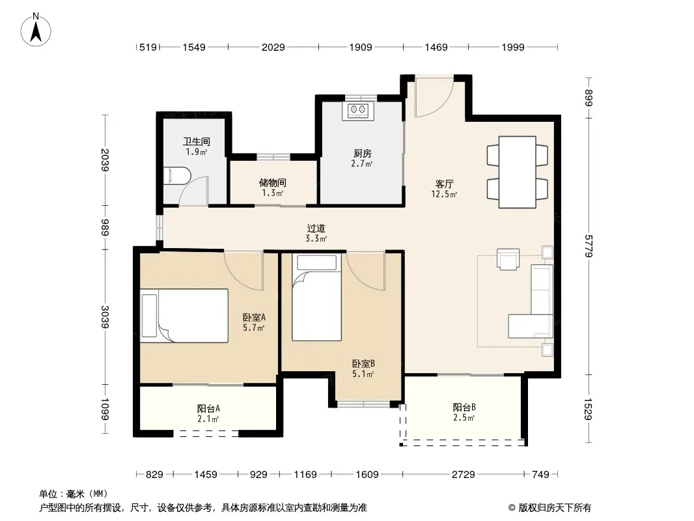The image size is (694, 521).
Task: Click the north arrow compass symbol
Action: click(x=36, y=30)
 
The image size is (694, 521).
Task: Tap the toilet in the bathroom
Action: click(x=176, y=176)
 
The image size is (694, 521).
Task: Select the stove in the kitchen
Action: click(x=358, y=111)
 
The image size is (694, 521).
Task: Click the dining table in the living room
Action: click(x=518, y=172)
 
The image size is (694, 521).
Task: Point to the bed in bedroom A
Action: click(x=184, y=316)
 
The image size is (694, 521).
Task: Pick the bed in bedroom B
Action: click(x=316, y=298)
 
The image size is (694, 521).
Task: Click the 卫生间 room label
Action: click(x=197, y=142)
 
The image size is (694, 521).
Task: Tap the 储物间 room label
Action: click(x=272, y=182)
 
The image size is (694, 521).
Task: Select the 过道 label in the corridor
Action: click(x=316, y=229)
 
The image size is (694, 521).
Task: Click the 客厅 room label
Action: click(x=445, y=184)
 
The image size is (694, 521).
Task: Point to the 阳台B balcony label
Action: click(x=464, y=407)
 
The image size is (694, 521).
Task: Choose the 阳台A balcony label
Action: click(x=208, y=408)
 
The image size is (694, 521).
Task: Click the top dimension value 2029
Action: click(x=273, y=47)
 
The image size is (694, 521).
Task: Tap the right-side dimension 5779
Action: click(x=589, y=246)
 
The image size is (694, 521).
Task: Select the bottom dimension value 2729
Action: click(x=463, y=475)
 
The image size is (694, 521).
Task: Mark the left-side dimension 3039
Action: click(x=105, y=317)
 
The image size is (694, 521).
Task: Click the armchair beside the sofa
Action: click(x=508, y=259)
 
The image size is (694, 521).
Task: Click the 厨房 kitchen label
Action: click(x=363, y=153)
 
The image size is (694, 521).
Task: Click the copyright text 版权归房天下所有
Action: click(x=555, y=508)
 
